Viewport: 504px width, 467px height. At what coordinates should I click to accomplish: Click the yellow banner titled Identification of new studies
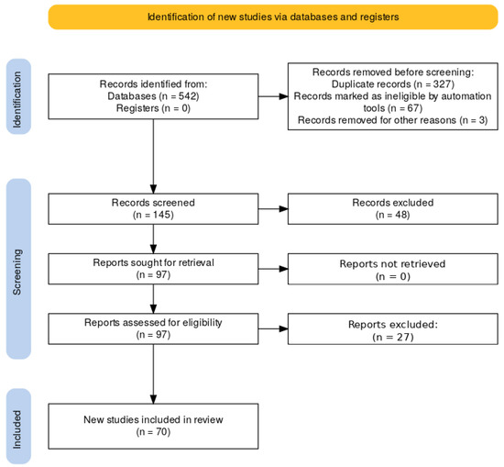coord(273,17)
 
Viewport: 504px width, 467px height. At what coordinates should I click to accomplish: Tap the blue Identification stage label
coord(18,96)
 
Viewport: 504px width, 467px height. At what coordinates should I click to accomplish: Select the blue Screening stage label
coord(18,269)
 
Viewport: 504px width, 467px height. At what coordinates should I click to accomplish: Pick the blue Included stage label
coord(18,426)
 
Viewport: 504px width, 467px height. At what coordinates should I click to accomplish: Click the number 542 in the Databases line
coord(187,96)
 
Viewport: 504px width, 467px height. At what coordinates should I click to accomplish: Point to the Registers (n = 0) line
coord(153,108)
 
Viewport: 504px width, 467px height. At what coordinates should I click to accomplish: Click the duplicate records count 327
coord(442,84)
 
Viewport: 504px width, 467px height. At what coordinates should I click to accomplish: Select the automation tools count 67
coord(413,108)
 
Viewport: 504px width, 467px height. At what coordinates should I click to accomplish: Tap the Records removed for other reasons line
coord(393,120)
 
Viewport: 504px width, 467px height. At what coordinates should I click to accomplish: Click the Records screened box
coord(153,209)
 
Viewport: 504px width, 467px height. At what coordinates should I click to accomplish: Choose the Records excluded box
coord(393,209)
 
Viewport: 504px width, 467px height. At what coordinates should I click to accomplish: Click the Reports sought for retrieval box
coord(153,269)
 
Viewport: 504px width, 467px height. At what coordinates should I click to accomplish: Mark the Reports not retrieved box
coord(393,269)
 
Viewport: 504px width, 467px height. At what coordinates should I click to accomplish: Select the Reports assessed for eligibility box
coord(153,329)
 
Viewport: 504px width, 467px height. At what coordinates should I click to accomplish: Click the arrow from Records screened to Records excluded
coord(273,209)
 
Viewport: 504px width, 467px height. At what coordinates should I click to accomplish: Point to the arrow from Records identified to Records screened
coord(153,156)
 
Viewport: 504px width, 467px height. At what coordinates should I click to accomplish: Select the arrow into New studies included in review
coord(153,374)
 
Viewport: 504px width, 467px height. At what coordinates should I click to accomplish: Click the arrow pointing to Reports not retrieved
coord(273,269)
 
